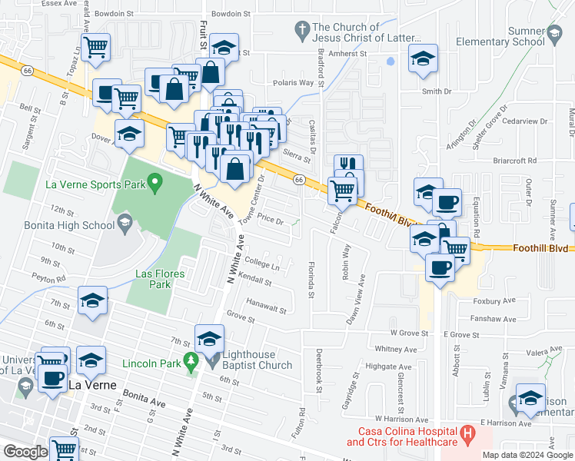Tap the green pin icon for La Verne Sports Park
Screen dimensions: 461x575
155,184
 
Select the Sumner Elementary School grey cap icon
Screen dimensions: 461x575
554,32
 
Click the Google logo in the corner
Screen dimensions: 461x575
25,452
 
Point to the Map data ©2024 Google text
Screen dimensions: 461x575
527,454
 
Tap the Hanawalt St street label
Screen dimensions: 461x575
267,309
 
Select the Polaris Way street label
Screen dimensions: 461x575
294,82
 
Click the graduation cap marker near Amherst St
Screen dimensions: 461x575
422,60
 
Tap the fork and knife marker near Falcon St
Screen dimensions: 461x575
348,164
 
